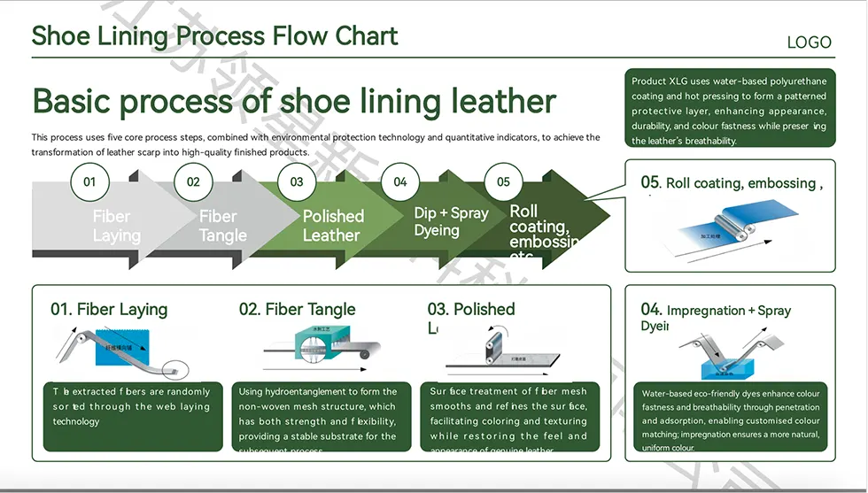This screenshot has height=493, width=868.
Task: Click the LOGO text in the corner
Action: tap(809, 42)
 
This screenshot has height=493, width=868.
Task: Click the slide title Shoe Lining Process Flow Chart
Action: tap(214, 36)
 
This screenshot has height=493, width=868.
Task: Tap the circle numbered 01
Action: tap(89, 182)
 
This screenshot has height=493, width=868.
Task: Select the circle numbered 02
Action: tap(193, 182)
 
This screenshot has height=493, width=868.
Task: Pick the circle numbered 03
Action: tap(297, 182)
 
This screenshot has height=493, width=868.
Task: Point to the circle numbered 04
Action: tap(400, 182)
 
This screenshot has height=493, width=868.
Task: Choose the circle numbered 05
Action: tap(503, 182)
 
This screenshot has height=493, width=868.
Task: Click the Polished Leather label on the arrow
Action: tap(333, 226)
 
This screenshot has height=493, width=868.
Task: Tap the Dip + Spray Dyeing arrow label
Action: tap(451, 222)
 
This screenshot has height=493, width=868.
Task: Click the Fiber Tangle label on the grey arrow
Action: tap(222, 226)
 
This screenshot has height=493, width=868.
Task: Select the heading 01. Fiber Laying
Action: tap(109, 310)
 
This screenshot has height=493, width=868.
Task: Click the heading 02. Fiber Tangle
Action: tap(297, 310)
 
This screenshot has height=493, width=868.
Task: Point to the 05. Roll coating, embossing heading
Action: tap(732, 183)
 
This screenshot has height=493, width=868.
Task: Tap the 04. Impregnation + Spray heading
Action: tap(716, 311)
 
